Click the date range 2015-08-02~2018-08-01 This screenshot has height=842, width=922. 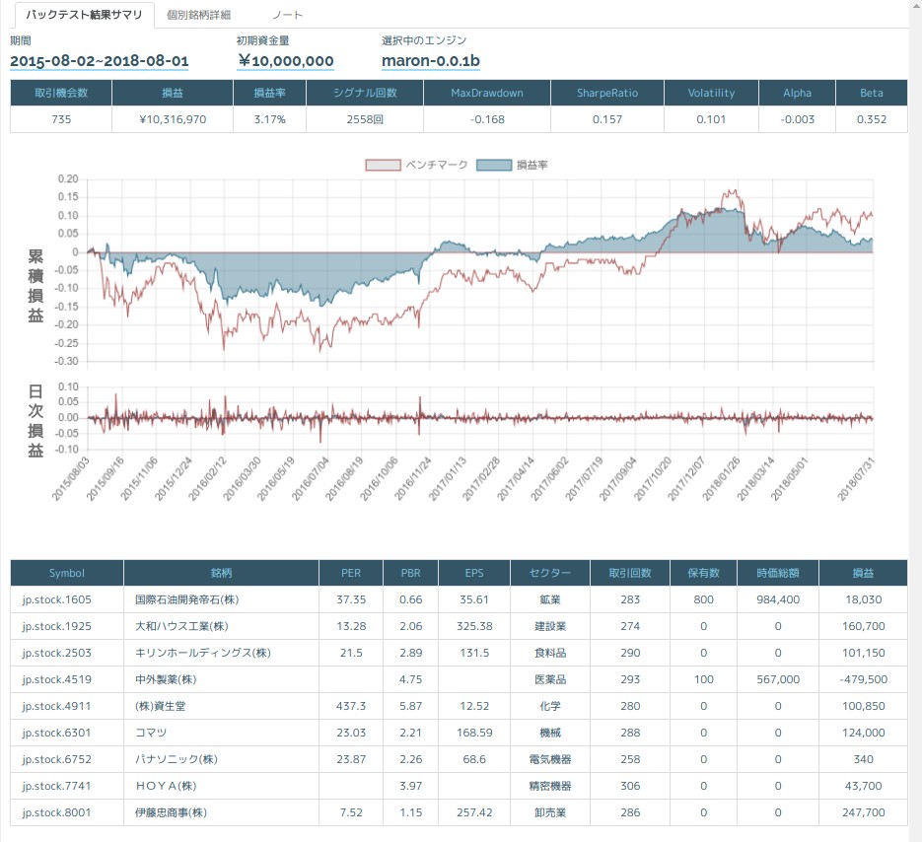99,61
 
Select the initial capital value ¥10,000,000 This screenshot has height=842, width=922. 285,61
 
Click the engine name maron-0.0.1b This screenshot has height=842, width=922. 430,61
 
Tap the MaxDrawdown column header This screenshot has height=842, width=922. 487,93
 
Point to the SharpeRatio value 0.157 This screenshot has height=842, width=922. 606,119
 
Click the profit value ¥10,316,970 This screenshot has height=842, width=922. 173,119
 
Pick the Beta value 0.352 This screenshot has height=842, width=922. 871,119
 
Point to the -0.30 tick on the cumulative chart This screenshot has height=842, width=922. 66,361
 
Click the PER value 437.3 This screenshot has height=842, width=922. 351,706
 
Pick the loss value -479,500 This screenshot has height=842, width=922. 864,679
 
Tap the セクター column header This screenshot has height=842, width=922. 549,573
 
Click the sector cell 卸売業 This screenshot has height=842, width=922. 549,813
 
